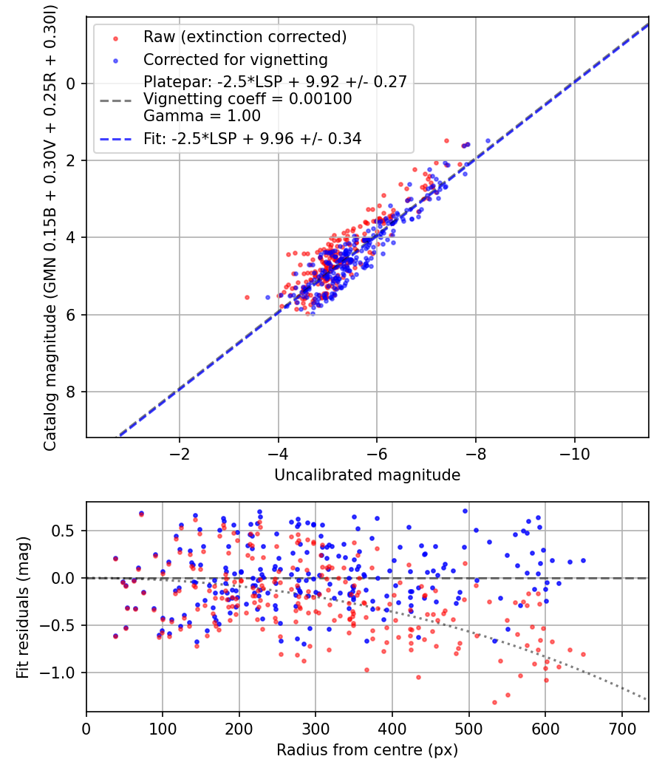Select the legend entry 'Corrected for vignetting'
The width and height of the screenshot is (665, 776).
point(236,59)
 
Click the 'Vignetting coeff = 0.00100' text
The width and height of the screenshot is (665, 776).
point(248,98)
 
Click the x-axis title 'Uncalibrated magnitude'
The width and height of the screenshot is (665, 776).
point(367,475)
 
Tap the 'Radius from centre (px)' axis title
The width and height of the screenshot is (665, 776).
point(367,750)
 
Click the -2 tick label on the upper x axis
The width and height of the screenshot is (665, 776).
point(180,454)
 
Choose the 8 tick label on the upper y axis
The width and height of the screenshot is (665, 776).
point(72,392)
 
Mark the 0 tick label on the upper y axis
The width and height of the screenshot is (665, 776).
point(72,84)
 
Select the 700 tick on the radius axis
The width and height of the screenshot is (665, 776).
point(621,729)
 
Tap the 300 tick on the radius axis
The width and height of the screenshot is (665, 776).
point(316,729)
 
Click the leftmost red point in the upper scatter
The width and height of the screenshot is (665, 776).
point(247,297)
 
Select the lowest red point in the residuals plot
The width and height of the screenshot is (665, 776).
point(494,702)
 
